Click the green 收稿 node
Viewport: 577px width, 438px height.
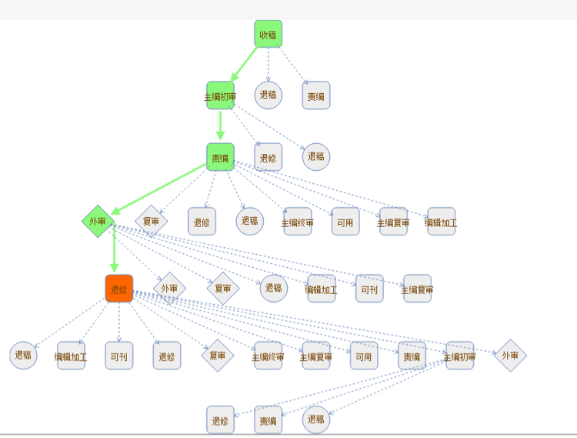coord(268,34)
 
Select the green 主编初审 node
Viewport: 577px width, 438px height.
coord(220,96)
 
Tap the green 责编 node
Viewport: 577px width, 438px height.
coord(220,157)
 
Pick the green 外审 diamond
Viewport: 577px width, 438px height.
coord(98,221)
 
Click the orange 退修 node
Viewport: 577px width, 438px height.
coord(119,289)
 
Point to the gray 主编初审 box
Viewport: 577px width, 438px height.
coord(459,356)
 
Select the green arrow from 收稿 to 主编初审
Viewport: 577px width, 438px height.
coord(245,65)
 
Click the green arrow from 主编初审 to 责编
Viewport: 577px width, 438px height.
coord(220,125)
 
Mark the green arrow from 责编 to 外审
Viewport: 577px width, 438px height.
coord(158,189)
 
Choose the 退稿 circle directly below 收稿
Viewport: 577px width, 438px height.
coord(268,95)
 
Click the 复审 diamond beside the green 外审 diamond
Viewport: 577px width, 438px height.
coord(151,221)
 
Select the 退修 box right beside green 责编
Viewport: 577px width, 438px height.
coord(268,157)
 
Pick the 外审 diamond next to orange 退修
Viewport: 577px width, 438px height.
coord(169,289)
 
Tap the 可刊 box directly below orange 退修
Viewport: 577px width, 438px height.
coord(119,356)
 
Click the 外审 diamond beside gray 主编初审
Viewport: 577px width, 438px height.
coord(510,355)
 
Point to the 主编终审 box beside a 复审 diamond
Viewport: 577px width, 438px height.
coord(268,356)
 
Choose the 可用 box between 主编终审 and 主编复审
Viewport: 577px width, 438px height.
coord(345,222)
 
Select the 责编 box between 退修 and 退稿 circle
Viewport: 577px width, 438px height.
coord(268,420)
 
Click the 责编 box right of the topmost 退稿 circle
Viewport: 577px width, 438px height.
coord(315,96)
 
